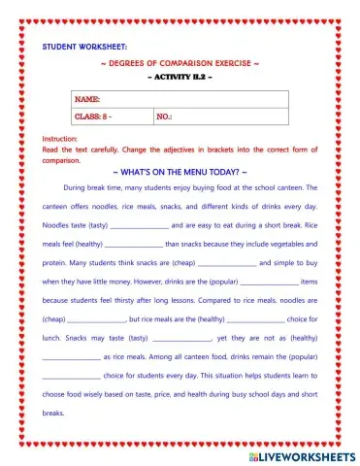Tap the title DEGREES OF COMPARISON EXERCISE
tap(180, 63)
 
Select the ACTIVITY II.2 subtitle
tap(180, 78)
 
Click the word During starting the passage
tap(77, 187)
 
